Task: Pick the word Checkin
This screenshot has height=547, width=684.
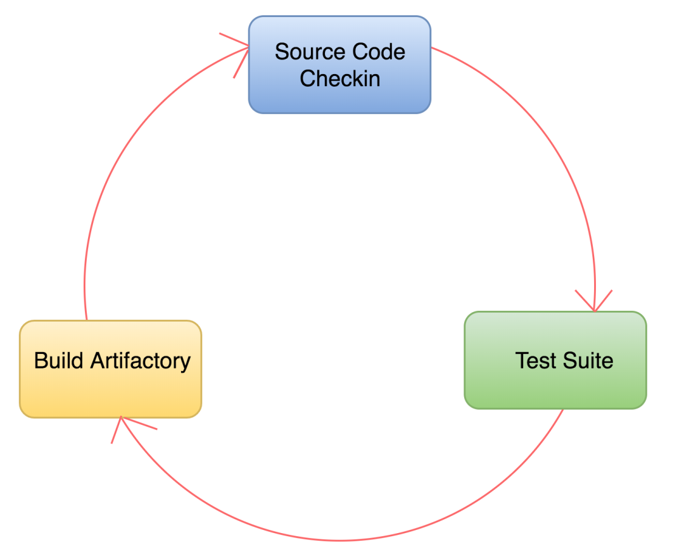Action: coord(340,79)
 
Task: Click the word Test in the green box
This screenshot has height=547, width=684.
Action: coord(531,360)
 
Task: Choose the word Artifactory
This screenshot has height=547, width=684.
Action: coord(141,360)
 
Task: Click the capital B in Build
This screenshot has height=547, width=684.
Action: coord(40,360)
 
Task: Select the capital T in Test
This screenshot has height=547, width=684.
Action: coord(521,360)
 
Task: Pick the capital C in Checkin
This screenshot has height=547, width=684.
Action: coord(307,79)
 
